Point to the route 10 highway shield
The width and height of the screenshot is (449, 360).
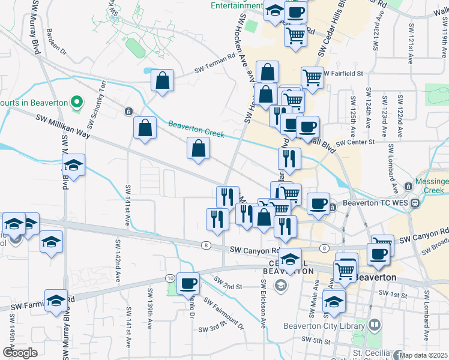[x=170, y=278]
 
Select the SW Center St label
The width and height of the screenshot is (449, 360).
[x=355, y=142]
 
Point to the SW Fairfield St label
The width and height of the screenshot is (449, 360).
[x=345, y=73]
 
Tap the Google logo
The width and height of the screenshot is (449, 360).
[x=20, y=352]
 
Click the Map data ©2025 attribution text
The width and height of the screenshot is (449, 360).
[x=423, y=355]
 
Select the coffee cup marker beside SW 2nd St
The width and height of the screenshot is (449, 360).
[x=188, y=282]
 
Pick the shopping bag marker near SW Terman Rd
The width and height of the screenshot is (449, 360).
[x=162, y=80]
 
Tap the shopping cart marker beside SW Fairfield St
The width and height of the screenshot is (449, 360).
[x=312, y=77]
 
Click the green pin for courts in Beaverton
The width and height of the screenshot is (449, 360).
[x=76, y=103]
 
